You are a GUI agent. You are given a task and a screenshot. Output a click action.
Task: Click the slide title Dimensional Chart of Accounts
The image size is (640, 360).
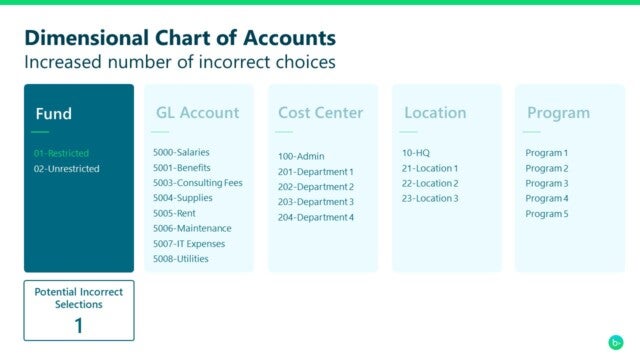click(180, 38)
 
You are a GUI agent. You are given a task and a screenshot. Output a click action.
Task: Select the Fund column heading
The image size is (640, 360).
click(53, 113)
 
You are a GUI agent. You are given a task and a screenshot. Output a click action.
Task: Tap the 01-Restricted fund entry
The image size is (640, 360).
click(61, 153)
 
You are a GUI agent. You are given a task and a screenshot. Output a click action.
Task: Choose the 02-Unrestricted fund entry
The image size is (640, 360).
click(66, 168)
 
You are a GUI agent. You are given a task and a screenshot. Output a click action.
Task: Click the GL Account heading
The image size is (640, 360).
click(197, 113)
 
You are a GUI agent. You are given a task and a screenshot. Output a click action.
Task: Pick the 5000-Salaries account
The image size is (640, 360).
click(181, 152)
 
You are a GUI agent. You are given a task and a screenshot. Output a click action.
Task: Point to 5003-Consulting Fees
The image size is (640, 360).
click(197, 183)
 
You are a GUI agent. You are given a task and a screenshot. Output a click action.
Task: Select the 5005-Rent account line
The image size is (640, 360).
click(175, 213)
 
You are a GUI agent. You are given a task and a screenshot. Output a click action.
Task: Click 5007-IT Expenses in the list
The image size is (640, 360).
click(189, 243)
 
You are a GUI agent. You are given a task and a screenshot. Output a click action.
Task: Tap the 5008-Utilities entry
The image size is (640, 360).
click(181, 259)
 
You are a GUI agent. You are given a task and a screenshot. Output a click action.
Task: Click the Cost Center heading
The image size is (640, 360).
click(320, 113)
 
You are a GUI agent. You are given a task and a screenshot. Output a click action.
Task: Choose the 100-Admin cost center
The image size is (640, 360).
click(301, 156)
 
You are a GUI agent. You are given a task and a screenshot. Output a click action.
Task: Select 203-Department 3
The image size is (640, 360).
click(316, 202)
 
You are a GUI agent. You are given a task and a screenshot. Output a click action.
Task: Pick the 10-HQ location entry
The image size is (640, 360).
click(416, 153)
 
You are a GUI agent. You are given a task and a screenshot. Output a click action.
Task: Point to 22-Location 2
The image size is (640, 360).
click(430, 183)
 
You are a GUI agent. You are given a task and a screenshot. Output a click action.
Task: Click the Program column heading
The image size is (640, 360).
click(558, 113)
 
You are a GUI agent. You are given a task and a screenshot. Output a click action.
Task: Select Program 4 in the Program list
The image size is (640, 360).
click(547, 198)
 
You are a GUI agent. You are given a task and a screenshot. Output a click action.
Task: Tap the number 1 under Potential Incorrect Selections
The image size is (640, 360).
click(79, 325)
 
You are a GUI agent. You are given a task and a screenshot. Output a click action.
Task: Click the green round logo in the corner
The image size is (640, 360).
click(616, 342)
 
